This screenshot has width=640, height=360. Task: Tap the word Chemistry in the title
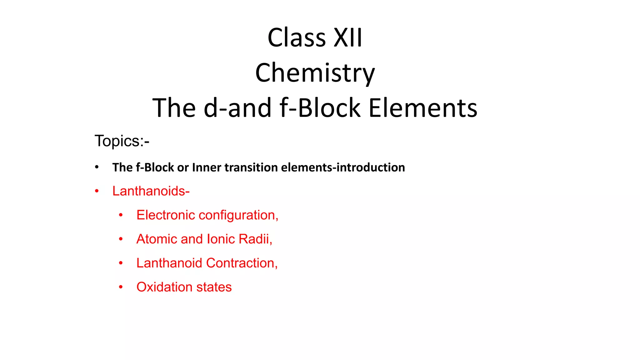(x=315, y=73)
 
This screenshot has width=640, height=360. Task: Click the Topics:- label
(x=122, y=141)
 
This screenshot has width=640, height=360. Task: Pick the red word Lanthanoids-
(x=151, y=191)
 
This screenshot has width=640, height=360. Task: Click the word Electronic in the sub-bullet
(x=166, y=215)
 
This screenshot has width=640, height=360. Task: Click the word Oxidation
(x=164, y=287)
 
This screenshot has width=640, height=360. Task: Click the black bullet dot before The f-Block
(x=97, y=167)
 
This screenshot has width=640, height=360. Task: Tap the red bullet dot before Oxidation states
(x=121, y=287)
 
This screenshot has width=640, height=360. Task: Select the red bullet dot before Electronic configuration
(x=121, y=215)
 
